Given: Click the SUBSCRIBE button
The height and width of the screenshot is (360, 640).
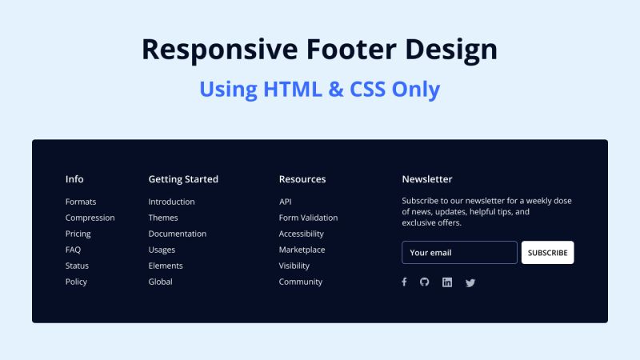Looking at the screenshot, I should coord(547,253).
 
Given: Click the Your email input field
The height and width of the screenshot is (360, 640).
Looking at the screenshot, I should coord(459,253).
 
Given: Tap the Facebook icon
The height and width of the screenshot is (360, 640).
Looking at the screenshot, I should coord(404,282).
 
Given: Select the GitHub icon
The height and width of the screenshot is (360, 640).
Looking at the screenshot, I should coord(425,282).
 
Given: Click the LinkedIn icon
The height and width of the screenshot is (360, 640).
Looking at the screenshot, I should coord(447,282).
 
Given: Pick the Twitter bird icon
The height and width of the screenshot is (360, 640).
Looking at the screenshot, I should coord(470,282).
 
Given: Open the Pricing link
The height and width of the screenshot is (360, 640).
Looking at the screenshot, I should coord(78,234).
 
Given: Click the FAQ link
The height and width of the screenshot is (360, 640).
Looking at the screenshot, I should coord(73,250).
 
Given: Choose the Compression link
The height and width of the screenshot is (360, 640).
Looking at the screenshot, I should coord(90,218).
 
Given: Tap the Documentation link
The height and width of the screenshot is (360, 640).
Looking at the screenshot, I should coord(177,234).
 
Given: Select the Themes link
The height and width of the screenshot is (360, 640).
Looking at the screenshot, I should coord(163,218).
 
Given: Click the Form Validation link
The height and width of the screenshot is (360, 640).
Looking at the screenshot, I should coord(308,218).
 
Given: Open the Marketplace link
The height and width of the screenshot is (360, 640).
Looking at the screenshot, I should coord(302,250).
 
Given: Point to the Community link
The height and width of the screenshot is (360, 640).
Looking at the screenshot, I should coord(301,282).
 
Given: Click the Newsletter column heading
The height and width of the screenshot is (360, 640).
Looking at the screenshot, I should coord(427,179).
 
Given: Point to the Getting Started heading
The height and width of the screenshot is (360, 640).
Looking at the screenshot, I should coord(183,179).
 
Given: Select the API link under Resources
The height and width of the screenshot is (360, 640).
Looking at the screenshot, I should coord(285,202).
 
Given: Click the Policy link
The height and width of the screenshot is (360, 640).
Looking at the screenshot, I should coord(76,282).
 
